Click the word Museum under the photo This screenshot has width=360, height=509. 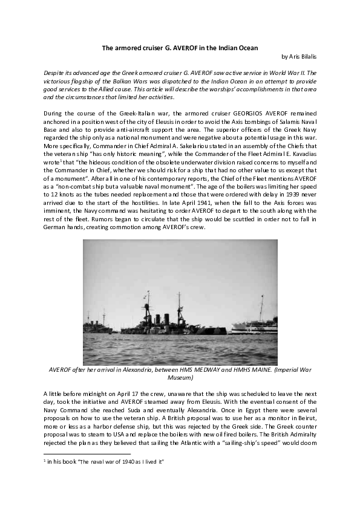pyautogui.click(x=180, y=378)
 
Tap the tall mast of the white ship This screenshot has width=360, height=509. pyautogui.click(x=261, y=305)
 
